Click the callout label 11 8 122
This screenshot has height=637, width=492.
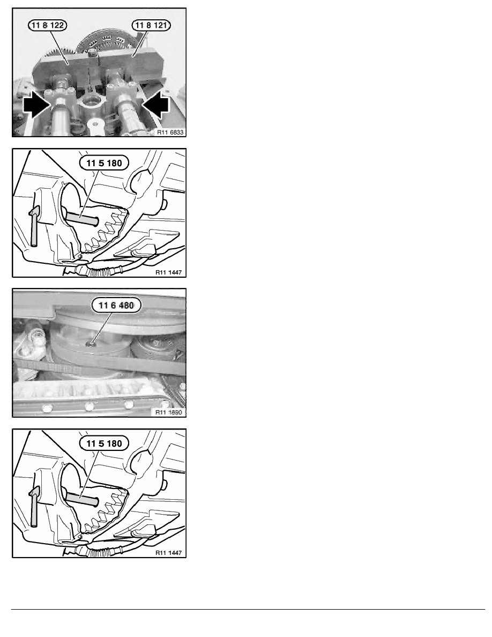pyautogui.click(x=48, y=25)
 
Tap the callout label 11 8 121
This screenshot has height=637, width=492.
pyautogui.click(x=151, y=25)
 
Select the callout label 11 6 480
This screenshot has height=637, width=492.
pyautogui.click(x=116, y=305)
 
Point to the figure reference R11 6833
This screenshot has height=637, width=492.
pyautogui.click(x=170, y=132)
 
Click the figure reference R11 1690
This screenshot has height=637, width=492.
pyautogui.click(x=168, y=412)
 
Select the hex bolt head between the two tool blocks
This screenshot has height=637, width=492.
pyautogui.click(x=93, y=52)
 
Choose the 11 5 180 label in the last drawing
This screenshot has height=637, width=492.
pyautogui.click(x=105, y=443)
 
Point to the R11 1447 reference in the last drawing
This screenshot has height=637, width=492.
pyautogui.click(x=168, y=552)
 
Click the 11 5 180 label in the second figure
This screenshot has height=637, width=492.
pyautogui.click(x=105, y=163)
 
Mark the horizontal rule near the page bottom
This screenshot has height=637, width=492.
pyautogui.click(x=248, y=609)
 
